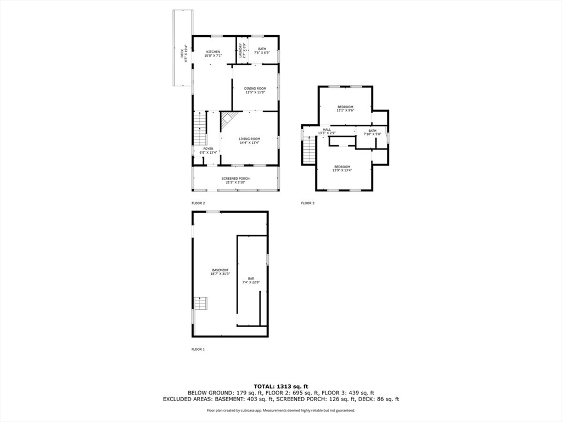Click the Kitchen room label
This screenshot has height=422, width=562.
pos(213,52)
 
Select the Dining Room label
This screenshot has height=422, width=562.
pos(255,88)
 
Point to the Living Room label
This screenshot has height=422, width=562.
pos(249,139)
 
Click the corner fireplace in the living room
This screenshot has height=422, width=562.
pos(227,119)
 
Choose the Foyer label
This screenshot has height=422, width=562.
pos(208,148)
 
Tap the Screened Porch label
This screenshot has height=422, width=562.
pos(235,179)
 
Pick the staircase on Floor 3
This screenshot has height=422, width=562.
pos(309,149)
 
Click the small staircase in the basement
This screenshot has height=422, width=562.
pos(201,303)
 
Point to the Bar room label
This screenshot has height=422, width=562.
pos(251,279)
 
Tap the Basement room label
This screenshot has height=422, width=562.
pos(220,270)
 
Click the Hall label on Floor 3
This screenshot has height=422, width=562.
pos(327,130)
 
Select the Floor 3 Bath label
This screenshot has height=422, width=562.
pos(373,131)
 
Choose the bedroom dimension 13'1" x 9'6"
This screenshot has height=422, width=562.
pos(345,110)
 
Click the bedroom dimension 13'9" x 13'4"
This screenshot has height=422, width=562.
pos(341,170)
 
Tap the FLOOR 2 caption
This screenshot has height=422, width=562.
pos(198,203)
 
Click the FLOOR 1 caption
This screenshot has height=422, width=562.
pos(198,349)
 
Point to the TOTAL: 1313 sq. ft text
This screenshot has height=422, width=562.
pos(280,385)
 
